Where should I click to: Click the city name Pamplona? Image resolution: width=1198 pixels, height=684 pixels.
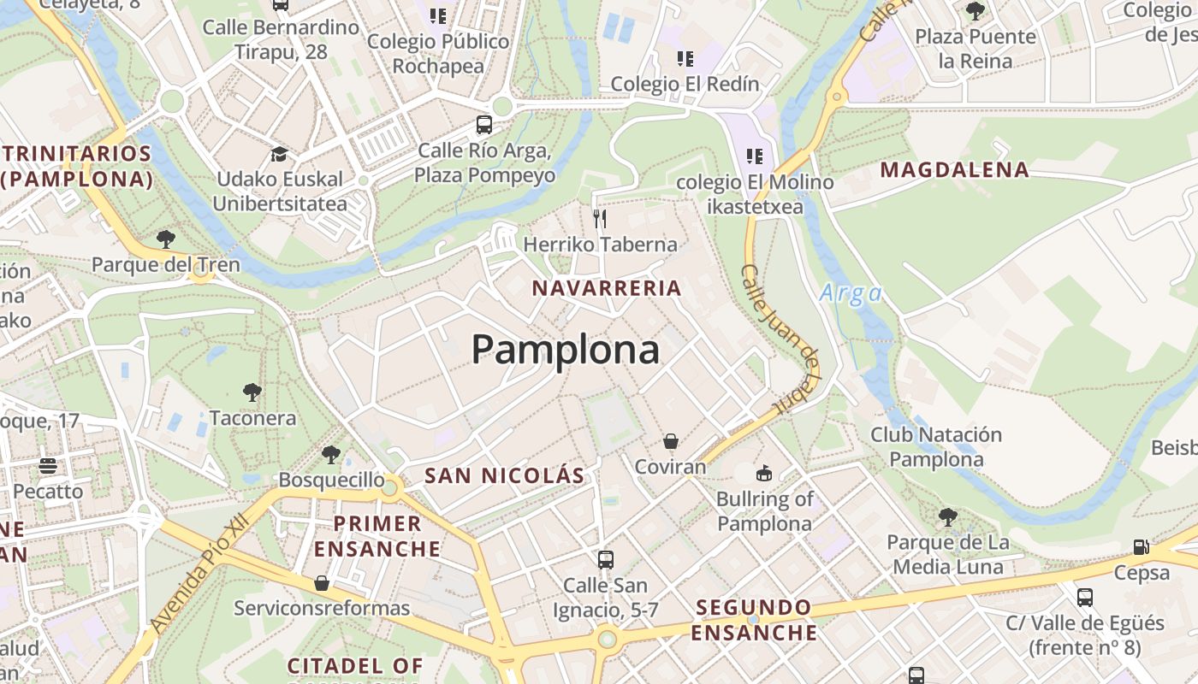[x=566, y=350]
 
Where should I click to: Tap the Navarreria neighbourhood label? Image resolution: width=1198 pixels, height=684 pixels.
[x=607, y=288]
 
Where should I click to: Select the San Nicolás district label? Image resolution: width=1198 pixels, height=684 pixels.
[x=505, y=475]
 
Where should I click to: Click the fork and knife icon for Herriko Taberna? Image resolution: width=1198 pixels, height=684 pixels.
[x=600, y=219]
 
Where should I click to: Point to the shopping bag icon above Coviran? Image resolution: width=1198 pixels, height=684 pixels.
[x=671, y=441]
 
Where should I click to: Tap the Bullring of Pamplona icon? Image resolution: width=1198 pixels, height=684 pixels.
[x=764, y=473]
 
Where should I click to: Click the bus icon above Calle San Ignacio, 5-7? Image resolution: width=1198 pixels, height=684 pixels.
[x=606, y=560]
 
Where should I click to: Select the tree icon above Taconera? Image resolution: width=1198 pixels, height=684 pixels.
[x=252, y=392]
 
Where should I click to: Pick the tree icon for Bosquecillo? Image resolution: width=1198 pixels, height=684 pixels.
[x=331, y=455]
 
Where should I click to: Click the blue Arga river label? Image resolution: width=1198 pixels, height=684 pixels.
[x=851, y=293]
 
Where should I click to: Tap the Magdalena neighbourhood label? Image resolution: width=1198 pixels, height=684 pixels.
[x=954, y=170]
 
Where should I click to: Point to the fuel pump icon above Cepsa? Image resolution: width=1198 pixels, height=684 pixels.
[x=1142, y=547]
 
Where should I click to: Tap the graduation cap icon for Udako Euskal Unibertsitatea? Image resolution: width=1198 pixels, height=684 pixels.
[x=279, y=154]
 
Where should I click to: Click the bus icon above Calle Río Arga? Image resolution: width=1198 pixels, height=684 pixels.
[x=484, y=125]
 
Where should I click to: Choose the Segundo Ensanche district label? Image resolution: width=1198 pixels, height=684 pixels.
[x=754, y=620]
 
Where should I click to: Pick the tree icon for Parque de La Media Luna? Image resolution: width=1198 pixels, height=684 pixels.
[x=947, y=517]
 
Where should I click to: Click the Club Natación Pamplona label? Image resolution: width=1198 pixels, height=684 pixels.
[x=936, y=446]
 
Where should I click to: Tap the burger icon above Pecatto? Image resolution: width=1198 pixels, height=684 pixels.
[x=48, y=466]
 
